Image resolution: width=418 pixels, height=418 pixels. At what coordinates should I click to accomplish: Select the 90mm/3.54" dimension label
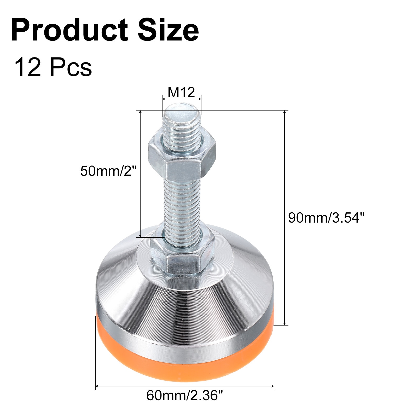[326, 217]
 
